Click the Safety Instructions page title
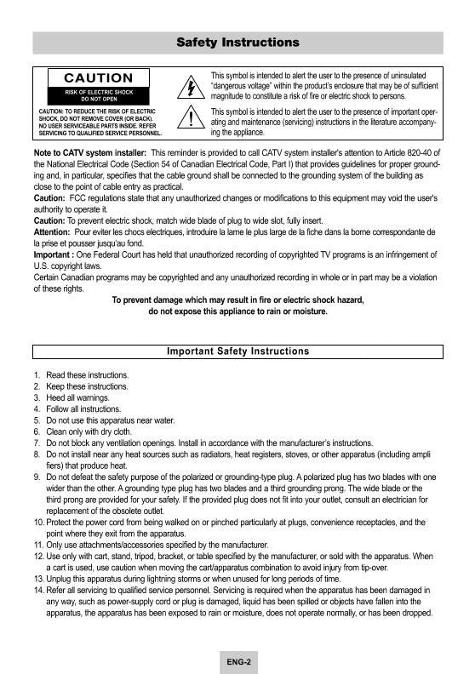click(237, 42)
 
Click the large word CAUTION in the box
click(99, 79)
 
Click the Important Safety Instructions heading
click(237, 351)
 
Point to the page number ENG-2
click(237, 660)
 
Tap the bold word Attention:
click(52, 231)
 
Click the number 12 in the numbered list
click(38, 556)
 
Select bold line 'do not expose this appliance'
click(237, 311)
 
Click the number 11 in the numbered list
click(38, 544)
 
